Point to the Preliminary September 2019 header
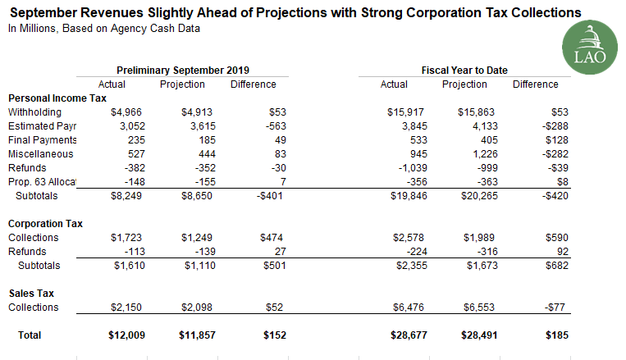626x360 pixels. [183, 71]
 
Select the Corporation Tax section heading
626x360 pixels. [45, 223]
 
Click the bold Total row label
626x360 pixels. [29, 335]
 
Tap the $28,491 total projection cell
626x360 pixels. [464, 335]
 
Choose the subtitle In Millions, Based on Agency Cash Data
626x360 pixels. [103, 29]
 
